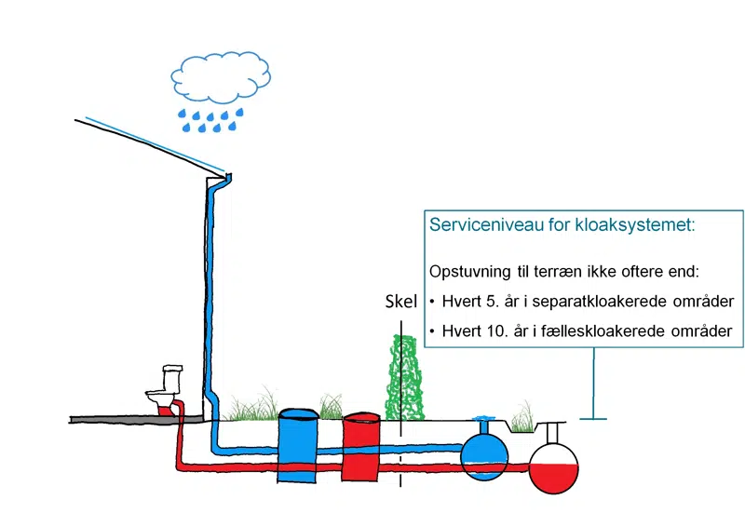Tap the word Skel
pos(400,302)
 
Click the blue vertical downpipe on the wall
pos(213,307)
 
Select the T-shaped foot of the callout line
pos(592,418)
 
